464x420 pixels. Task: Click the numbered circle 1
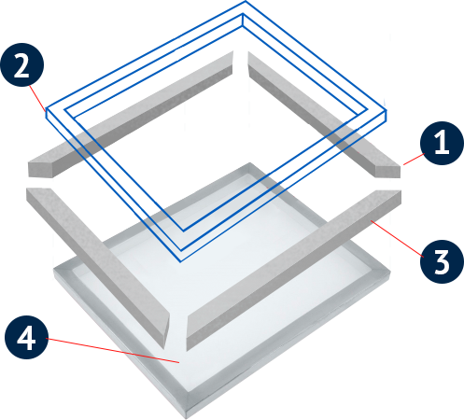click(x=442, y=143)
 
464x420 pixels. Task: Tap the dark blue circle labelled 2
click(x=22, y=64)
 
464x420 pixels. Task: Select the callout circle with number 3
click(x=442, y=261)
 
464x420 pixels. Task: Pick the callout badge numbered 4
click(x=26, y=337)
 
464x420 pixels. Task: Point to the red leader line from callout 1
click(x=414, y=159)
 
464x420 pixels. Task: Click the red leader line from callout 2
click(x=37, y=98)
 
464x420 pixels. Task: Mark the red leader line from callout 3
click(x=397, y=238)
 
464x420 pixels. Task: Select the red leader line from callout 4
click(x=112, y=350)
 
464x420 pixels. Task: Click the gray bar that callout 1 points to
click(x=324, y=114)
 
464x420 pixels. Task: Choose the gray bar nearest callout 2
click(x=131, y=114)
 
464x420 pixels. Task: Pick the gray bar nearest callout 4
click(x=98, y=268)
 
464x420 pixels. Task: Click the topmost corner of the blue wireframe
click(x=246, y=1)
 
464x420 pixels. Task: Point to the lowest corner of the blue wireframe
click(x=180, y=262)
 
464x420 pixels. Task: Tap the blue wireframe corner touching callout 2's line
click(x=46, y=110)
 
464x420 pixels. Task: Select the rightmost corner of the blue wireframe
click(x=387, y=110)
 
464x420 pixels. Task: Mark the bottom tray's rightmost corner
click(x=390, y=272)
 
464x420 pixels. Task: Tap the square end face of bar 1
click(x=388, y=172)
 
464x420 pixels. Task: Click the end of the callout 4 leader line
click(x=179, y=363)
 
